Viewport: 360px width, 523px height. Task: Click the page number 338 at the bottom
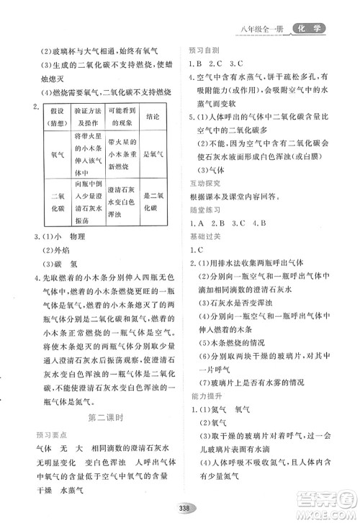pyautogui.click(x=179, y=506)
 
